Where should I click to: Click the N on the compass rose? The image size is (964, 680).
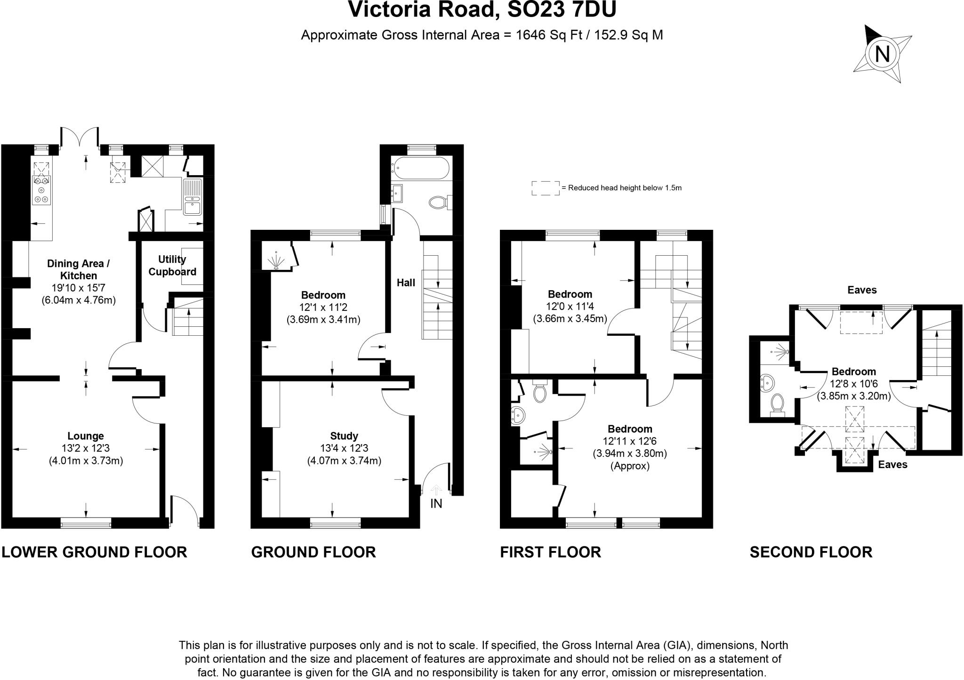(882, 54)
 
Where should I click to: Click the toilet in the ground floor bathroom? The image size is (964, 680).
(438, 202)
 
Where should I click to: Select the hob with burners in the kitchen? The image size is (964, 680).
(41, 190)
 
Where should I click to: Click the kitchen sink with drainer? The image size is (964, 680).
(193, 197)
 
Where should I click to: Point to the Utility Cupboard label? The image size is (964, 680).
(172, 266)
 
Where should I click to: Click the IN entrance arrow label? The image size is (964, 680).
(436, 503)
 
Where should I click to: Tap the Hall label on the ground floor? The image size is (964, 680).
(406, 283)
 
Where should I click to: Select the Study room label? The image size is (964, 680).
(344, 436)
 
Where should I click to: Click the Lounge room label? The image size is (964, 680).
(86, 436)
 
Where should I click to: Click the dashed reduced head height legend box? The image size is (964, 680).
(546, 188)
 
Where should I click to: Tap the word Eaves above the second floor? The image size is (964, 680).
(862, 290)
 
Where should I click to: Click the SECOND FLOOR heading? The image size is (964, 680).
(811, 552)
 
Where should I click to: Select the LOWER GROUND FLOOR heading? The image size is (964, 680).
(94, 552)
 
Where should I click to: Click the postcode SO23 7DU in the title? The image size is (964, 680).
(562, 9)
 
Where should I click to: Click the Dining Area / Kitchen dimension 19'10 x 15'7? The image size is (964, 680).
(79, 288)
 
